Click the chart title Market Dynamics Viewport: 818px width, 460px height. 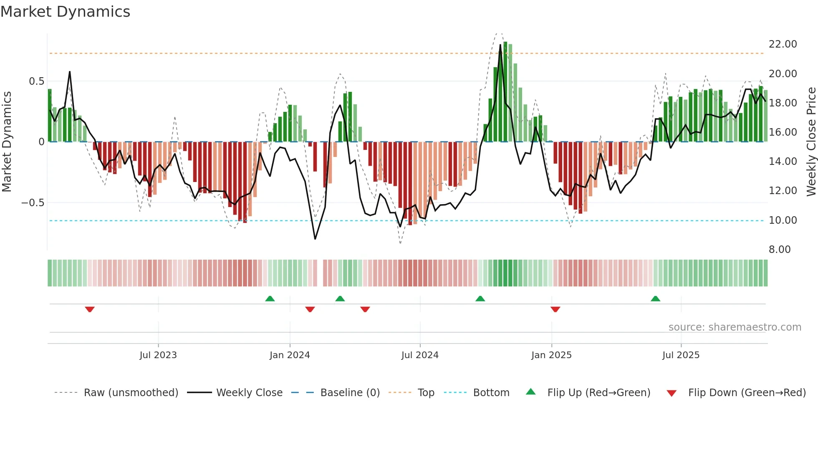tap(65, 12)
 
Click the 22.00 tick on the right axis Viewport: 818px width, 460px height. tap(783, 44)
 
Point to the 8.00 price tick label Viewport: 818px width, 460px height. tap(780, 250)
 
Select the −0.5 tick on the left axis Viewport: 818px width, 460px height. tap(33, 203)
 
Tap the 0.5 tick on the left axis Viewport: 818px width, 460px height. tap(36, 81)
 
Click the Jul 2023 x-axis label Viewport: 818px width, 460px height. tap(158, 355)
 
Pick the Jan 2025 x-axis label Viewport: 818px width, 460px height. tap(551, 355)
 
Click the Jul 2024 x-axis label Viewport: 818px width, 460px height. tap(420, 355)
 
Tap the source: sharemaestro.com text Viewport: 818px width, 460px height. tap(735, 327)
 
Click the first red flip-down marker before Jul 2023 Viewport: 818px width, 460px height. tap(90, 309)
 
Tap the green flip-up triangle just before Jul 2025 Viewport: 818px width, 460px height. tap(655, 298)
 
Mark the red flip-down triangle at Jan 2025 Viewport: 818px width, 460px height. tap(555, 309)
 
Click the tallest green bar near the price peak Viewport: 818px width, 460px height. tap(505, 92)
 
